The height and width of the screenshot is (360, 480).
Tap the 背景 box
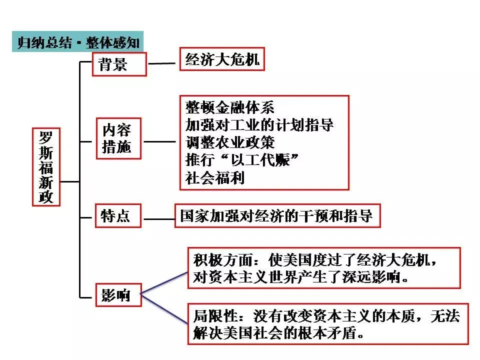click(119, 63)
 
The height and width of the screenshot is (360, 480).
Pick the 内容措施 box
click(119, 138)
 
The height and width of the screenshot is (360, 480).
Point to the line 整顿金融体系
click(229, 107)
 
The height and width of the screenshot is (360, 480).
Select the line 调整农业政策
click(229, 142)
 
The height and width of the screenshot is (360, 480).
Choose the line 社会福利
click(215, 178)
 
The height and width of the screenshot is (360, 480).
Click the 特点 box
click(116, 215)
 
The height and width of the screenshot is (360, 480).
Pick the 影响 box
click(116, 295)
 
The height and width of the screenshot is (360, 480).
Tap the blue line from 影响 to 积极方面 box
click(165, 284)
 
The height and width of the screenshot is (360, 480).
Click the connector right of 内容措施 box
click(160, 141)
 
